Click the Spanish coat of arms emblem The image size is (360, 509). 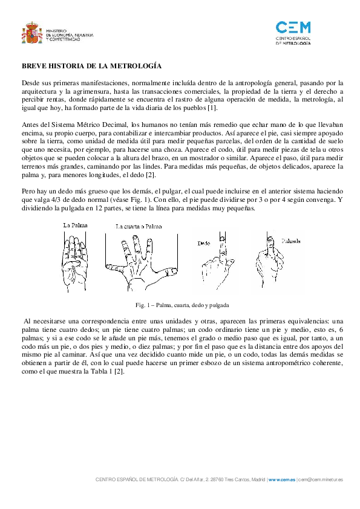32,33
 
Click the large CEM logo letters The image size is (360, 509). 293,28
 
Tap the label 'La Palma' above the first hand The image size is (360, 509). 75,225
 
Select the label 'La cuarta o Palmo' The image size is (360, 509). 139,226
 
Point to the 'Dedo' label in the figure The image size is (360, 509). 204,243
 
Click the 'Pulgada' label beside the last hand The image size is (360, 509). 291,241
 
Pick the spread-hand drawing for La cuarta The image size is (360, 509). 142,263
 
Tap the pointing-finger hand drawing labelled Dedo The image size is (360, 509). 216,263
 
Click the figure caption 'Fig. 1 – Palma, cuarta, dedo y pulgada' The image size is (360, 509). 182,305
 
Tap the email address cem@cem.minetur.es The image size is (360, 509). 320,479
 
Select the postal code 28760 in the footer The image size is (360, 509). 217,479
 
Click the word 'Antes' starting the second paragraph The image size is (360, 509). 29,125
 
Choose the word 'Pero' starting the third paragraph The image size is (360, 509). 28,191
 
